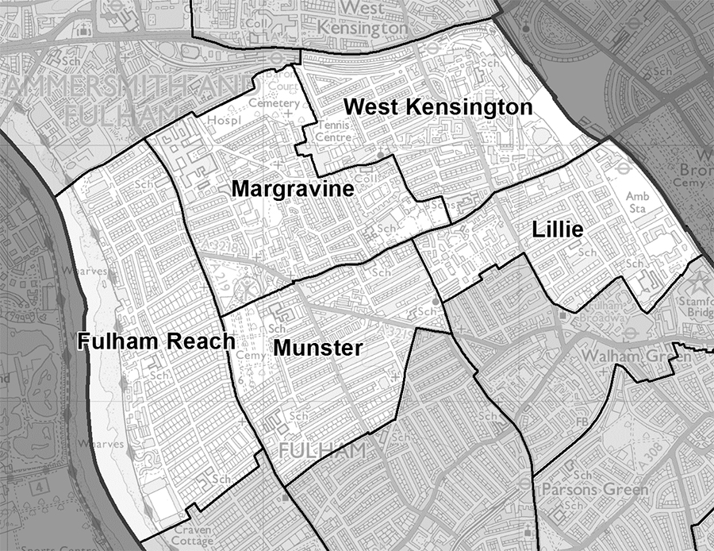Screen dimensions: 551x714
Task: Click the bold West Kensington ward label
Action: (438, 106)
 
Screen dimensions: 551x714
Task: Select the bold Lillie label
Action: (558, 230)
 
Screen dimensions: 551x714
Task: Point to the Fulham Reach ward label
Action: (156, 341)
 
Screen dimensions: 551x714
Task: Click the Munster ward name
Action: (317, 348)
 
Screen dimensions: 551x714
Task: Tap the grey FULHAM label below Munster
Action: (322, 450)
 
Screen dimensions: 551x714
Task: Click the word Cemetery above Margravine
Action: (273, 103)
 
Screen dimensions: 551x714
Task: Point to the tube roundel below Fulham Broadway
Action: (630, 331)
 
